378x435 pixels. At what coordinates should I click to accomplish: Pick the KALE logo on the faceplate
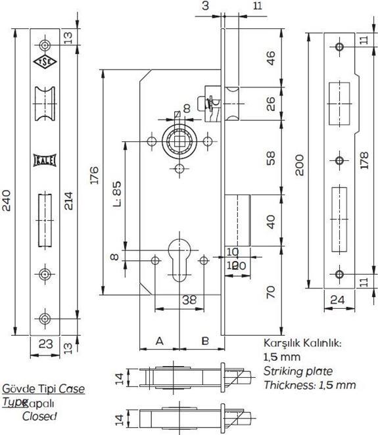[x=43, y=161]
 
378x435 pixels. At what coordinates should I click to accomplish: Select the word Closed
[x=39, y=416]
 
